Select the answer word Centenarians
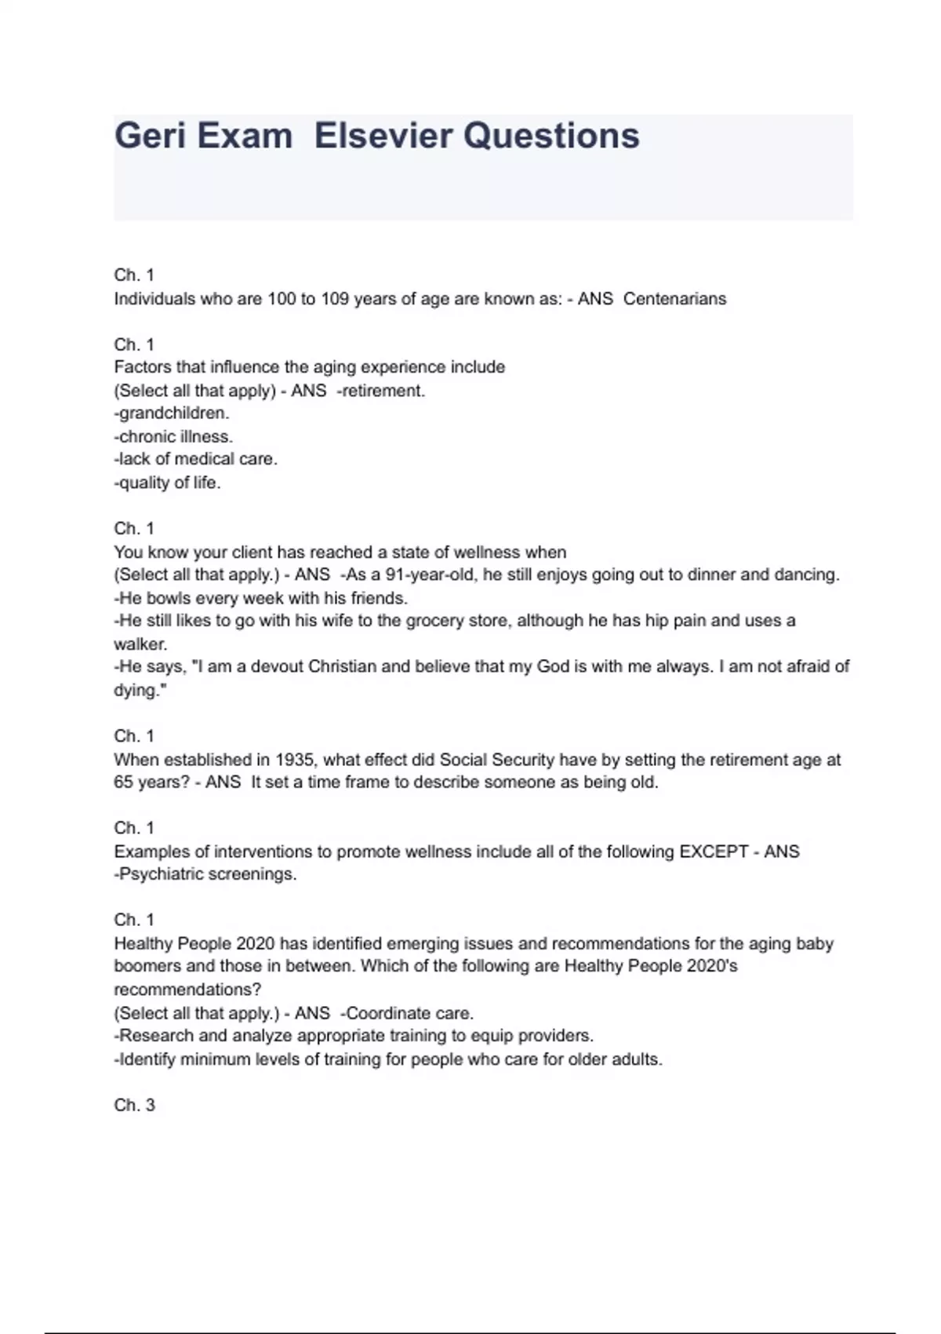tap(674, 299)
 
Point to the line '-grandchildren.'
tap(172, 413)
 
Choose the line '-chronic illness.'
tap(173, 436)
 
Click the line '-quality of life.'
tap(167, 483)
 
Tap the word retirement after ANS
tap(383, 391)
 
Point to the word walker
tap(140, 644)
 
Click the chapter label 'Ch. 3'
tap(134, 1105)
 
